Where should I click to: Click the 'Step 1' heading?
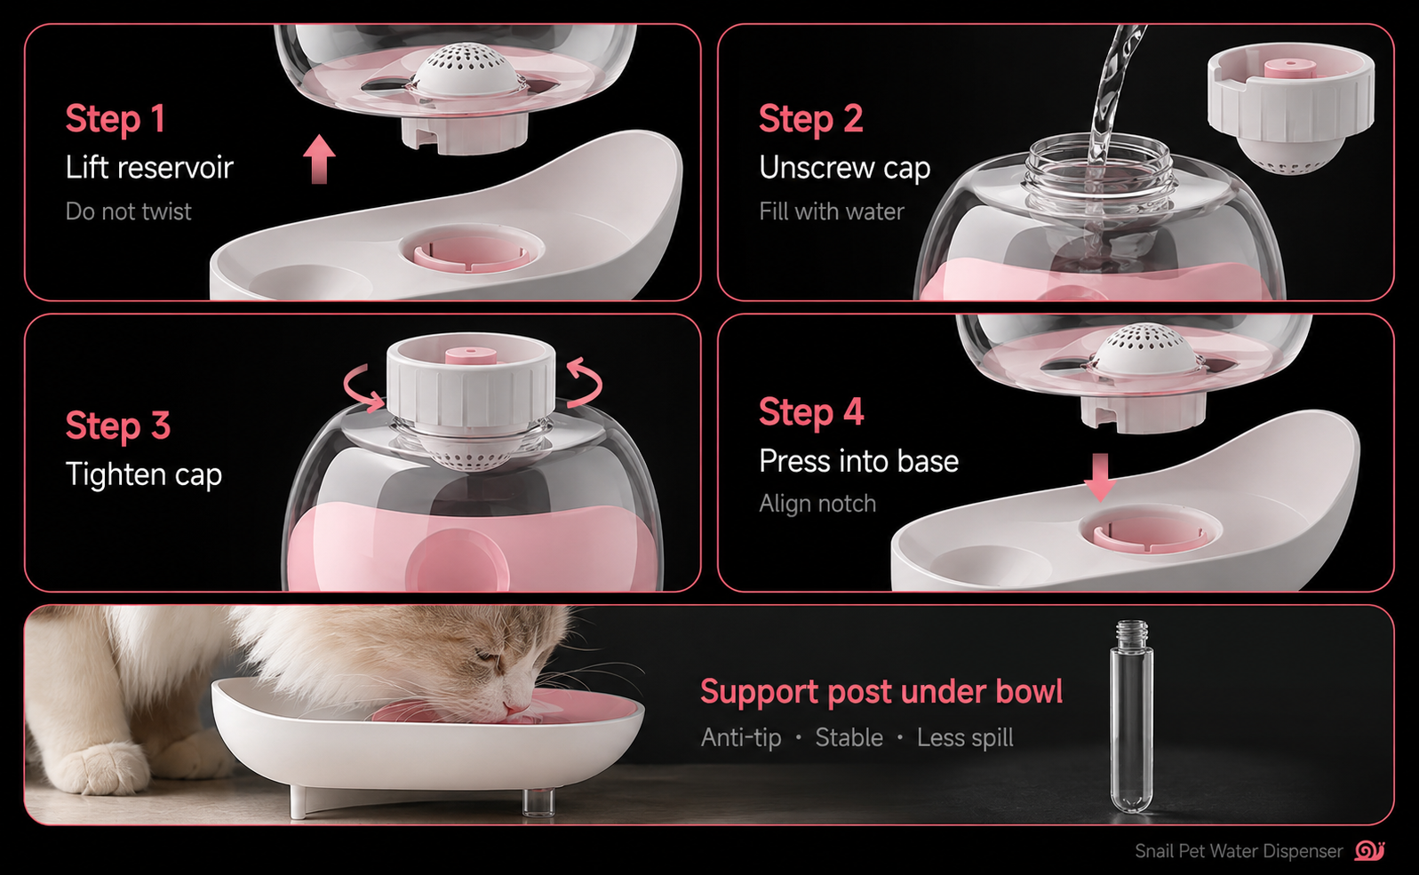(116, 118)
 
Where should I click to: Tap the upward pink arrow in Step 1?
(319, 158)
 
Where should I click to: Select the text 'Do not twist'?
(128, 211)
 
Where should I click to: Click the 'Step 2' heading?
(811, 118)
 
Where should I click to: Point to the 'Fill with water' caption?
(831, 211)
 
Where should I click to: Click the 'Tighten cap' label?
(144, 474)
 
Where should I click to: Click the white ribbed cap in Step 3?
(471, 383)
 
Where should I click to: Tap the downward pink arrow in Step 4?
(1100, 477)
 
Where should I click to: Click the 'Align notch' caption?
(817, 504)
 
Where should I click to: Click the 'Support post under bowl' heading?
(881, 691)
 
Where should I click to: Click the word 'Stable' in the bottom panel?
(849, 737)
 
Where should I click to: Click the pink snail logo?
(1369, 850)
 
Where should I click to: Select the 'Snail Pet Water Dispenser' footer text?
(1239, 851)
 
